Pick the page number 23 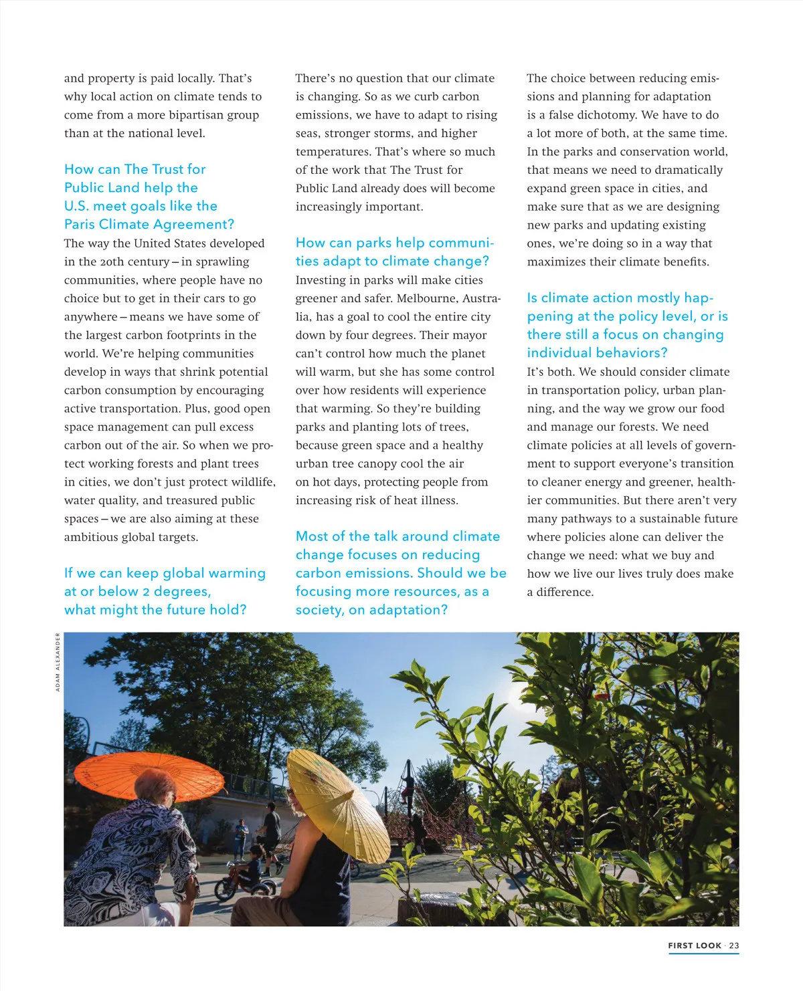tap(734, 946)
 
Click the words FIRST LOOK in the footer tap(695, 946)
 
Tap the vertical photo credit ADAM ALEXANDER tap(58, 661)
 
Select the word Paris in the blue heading tap(80, 225)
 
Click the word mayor tap(471, 335)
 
